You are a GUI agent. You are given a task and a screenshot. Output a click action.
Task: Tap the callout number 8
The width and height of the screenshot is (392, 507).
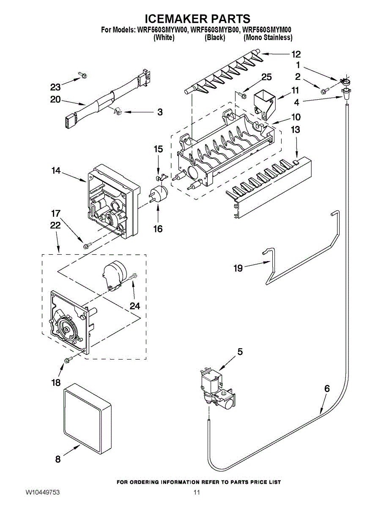[58, 460]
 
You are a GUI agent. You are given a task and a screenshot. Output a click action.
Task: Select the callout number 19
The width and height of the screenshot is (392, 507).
[238, 268]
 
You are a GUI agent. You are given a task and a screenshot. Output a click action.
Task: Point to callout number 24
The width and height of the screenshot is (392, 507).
[135, 305]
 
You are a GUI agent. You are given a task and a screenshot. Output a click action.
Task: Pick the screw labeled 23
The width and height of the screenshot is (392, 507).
[83, 75]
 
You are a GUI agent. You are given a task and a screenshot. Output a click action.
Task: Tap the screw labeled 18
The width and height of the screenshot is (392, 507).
[68, 360]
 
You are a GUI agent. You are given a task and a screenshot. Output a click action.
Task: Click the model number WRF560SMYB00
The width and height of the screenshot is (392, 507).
[215, 30]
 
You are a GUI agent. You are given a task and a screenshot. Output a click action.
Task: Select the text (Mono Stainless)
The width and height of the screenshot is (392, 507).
[268, 38]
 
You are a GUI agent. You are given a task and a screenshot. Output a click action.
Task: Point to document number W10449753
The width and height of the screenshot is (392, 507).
[42, 493]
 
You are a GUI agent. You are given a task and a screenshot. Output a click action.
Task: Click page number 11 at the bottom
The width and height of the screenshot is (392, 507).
[196, 493]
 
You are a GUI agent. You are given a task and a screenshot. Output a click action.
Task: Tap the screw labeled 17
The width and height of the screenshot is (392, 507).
[87, 245]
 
